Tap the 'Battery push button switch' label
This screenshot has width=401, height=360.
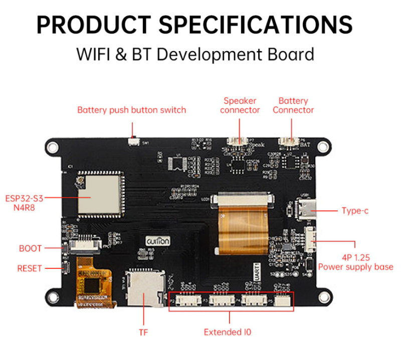pos(131,110)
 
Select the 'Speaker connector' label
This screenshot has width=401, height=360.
pos(240,105)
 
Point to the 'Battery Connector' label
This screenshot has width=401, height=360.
pos(293,105)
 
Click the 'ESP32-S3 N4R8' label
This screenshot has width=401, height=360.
pos(23,202)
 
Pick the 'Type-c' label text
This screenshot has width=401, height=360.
pos(355,211)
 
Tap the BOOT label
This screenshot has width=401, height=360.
pos(30,248)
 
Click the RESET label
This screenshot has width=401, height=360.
pos(30,268)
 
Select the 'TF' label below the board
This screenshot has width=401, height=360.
pos(143,332)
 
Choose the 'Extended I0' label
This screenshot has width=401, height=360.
pos(228,332)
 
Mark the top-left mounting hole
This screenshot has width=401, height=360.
pos(52,146)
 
